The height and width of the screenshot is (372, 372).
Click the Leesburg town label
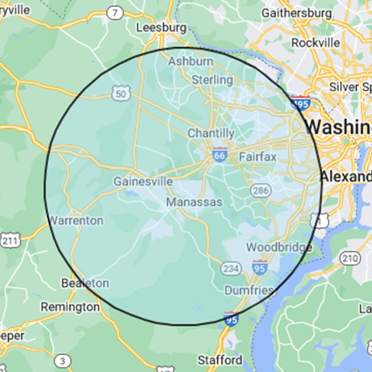coord(161,27)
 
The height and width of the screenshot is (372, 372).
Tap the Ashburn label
coord(191,61)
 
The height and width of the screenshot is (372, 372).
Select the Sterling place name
coord(213,80)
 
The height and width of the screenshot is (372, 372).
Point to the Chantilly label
coord(211,133)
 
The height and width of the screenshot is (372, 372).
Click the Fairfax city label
coord(258,157)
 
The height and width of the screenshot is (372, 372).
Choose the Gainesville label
coord(143,181)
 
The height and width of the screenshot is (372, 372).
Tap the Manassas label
coord(194,203)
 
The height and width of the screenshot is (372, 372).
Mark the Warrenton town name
coord(76,220)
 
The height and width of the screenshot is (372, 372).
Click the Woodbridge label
coord(279,247)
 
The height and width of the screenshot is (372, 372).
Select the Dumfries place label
coord(249,291)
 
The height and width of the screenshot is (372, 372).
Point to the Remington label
coord(70,307)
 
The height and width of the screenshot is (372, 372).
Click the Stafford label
coord(220,360)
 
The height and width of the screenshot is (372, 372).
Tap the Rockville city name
coord(316,42)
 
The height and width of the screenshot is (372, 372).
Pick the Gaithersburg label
coord(297,13)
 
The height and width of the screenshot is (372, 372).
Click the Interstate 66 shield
coord(219,155)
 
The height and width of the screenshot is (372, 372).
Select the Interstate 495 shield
coord(300,103)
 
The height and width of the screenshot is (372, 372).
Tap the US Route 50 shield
coord(120,94)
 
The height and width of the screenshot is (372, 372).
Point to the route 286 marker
coord(260,190)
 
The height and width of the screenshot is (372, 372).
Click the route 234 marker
coord(230,268)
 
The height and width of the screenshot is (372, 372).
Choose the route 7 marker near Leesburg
coord(114,13)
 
